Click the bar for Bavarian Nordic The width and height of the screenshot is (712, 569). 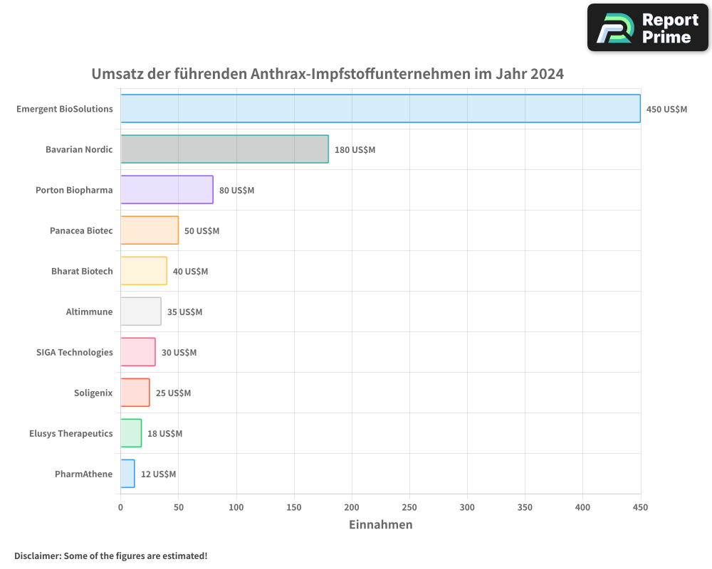point(224,149)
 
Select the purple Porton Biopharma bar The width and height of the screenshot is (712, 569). point(167,190)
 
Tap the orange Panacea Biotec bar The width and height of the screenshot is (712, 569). point(150,230)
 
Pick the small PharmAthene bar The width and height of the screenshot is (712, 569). point(127,474)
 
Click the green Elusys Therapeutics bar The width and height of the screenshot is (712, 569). point(131,433)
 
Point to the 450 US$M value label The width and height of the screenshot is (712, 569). point(666,109)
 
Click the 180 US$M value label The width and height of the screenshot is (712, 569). point(355,149)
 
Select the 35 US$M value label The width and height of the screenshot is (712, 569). point(184,312)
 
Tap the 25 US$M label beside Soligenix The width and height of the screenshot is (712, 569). point(173,393)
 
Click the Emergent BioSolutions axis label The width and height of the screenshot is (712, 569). point(65,109)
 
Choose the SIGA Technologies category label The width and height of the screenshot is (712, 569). point(74,352)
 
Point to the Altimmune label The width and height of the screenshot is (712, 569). point(89,312)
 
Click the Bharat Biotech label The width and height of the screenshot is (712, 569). point(82,271)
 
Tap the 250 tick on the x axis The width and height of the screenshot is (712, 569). point(409,507)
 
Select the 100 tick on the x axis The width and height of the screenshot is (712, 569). point(236,507)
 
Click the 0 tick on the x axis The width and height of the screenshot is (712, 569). point(120,507)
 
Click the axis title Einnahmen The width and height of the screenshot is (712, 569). point(380,525)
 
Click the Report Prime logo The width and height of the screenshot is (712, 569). point(647,28)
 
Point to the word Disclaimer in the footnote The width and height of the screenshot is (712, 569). point(36,555)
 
